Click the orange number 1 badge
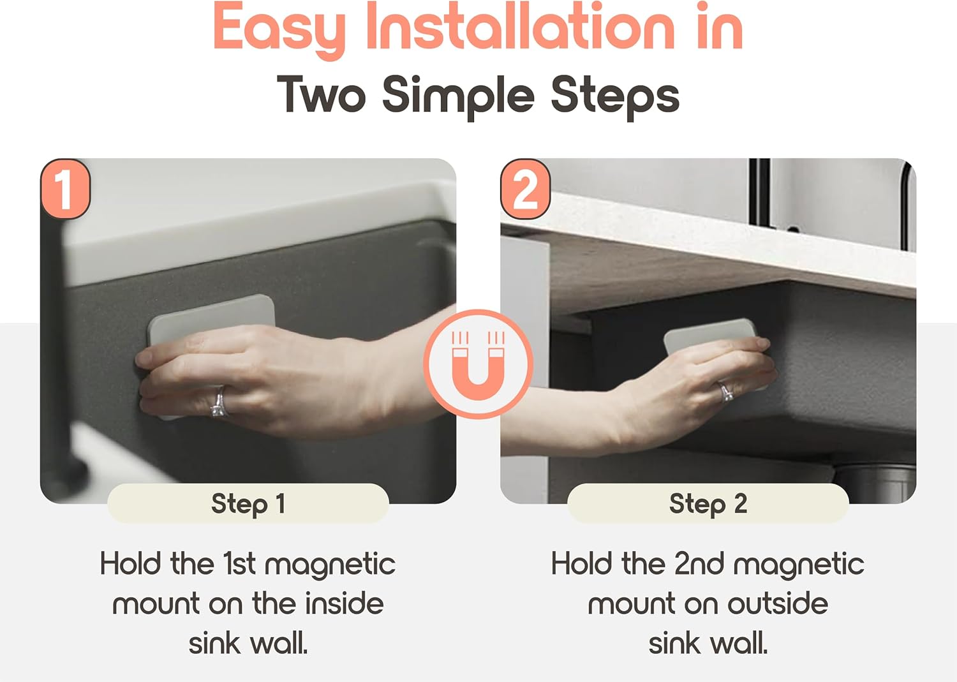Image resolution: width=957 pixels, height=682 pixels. (65, 188)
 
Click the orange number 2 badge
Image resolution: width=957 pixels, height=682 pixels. (525, 188)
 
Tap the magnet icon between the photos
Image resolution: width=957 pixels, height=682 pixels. (478, 364)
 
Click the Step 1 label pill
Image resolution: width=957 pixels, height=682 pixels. (248, 503)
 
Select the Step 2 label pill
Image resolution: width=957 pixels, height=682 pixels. (708, 503)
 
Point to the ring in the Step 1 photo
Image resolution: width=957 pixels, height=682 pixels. (218, 402)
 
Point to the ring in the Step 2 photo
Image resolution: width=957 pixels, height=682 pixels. (725, 392)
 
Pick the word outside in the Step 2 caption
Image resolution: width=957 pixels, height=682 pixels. (778, 604)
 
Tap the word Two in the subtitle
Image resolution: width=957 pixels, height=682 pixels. (322, 94)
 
